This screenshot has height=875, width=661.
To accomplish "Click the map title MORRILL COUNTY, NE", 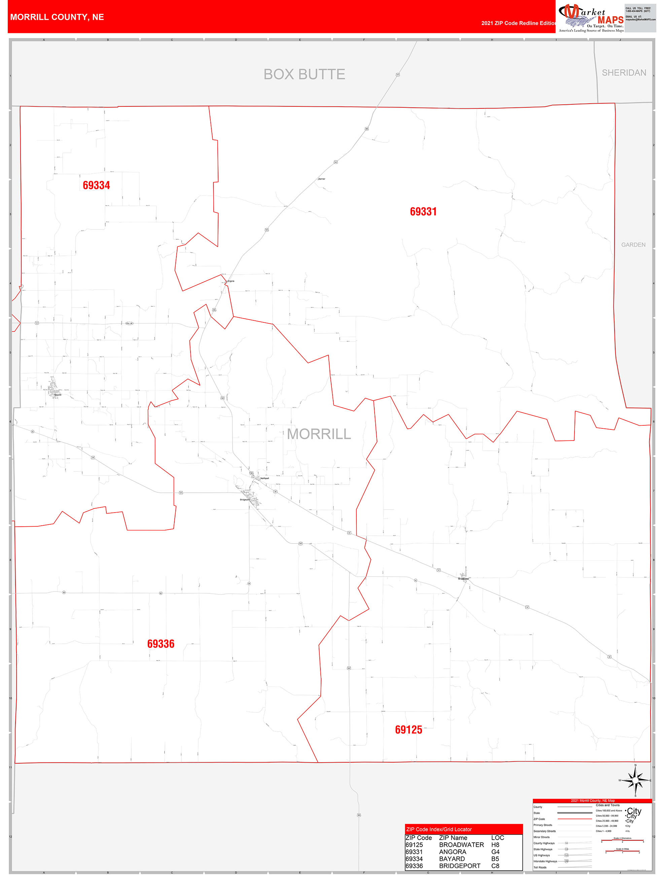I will click(57, 17).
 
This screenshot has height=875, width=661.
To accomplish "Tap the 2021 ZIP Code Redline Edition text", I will click(518, 23).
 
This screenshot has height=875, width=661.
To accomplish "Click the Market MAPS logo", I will click(591, 18).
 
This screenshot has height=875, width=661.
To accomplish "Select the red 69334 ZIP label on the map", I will click(96, 185).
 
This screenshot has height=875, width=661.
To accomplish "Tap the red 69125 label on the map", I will click(408, 730).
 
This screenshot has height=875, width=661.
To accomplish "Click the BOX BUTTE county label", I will click(304, 74).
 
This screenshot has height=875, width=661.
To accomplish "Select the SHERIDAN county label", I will click(624, 73).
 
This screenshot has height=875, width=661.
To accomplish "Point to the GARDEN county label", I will click(633, 245).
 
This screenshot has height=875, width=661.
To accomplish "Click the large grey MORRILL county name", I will click(319, 434).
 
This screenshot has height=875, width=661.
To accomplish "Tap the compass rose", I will click(635, 780).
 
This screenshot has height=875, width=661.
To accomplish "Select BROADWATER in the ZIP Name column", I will click(461, 844).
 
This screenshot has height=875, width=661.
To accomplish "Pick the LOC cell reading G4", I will click(495, 852).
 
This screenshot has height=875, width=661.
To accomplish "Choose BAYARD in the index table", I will click(452, 859).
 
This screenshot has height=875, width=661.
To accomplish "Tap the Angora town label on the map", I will click(231, 281).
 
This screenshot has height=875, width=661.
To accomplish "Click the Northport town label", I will click(264, 478).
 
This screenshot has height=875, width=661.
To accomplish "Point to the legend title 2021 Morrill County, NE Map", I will click(592, 801).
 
